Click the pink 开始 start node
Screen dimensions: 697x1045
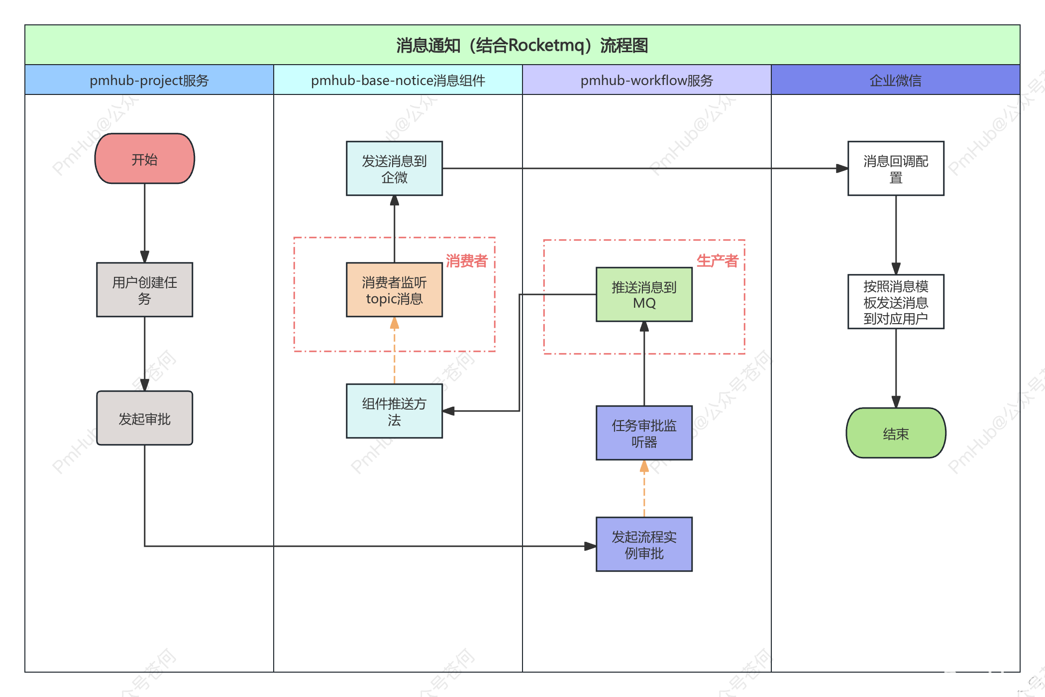point(144,159)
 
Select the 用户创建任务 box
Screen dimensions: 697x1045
point(144,290)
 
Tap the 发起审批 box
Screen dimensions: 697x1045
point(144,418)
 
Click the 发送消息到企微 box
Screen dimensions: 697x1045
point(394,169)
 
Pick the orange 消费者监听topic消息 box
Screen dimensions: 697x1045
point(394,290)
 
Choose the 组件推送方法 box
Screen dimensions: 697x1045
point(394,411)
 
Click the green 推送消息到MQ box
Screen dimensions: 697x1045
point(644,295)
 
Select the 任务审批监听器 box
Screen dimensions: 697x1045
point(644,433)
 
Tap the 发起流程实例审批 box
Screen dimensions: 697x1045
point(644,544)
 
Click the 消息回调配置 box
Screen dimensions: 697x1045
point(896,169)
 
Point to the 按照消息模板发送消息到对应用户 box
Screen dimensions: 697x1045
point(896,302)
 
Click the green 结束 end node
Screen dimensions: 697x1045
point(896,433)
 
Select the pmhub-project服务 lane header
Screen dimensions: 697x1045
point(149,80)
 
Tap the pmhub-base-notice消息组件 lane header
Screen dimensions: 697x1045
point(398,80)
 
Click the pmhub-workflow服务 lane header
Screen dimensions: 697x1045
point(647,80)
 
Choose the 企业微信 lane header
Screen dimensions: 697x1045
point(896,80)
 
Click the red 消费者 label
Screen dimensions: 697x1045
point(466,261)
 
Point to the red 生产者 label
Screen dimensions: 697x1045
point(717,261)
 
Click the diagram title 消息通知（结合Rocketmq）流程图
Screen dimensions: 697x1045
point(522,45)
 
